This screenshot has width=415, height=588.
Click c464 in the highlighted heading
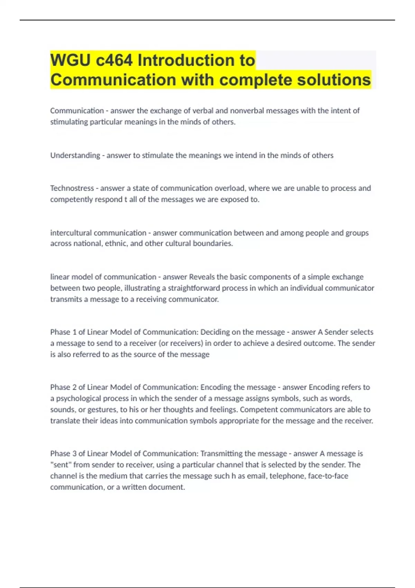[114, 61]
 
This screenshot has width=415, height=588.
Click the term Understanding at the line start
[75, 155]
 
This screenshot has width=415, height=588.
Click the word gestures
[102, 410]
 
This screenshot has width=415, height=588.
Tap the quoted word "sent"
[61, 465]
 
